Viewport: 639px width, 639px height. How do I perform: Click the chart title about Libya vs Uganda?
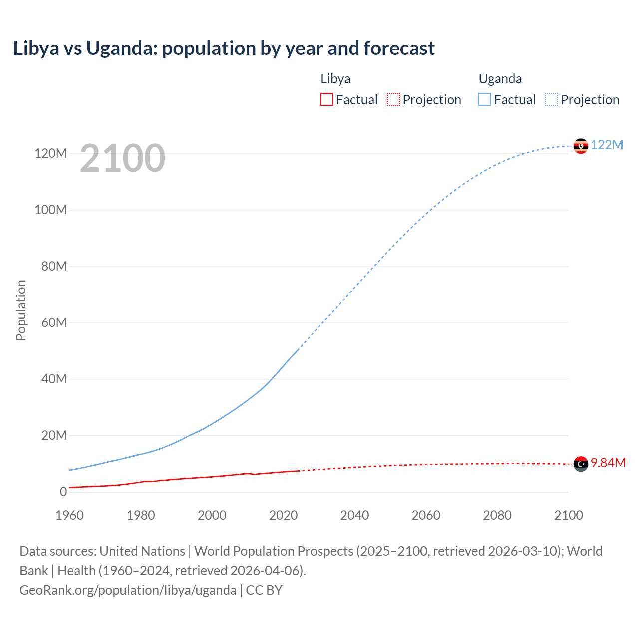tap(224, 48)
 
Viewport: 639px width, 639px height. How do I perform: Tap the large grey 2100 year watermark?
tap(122, 158)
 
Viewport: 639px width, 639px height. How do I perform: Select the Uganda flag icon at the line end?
tap(581, 146)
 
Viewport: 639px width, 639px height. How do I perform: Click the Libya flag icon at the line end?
tap(581, 464)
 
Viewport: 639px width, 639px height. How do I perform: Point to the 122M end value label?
tap(607, 145)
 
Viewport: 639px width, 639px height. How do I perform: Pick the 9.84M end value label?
tap(608, 463)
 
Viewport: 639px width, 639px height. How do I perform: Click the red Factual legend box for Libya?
tap(326, 99)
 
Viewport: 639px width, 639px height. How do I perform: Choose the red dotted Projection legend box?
tap(393, 99)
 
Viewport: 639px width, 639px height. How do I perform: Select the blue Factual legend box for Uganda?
tap(485, 99)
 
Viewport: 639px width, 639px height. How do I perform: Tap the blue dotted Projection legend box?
tap(552, 99)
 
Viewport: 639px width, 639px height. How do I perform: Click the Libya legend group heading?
tap(335, 79)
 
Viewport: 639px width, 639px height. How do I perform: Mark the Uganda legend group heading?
tap(500, 79)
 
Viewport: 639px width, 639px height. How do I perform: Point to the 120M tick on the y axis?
tap(50, 153)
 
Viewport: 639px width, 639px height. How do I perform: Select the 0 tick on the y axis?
tap(63, 492)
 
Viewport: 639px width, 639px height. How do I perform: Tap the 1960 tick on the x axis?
tap(69, 515)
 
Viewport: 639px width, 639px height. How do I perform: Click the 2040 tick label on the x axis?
tap(354, 515)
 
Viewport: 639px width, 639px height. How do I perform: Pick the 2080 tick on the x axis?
tap(497, 515)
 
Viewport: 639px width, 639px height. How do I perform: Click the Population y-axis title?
tap(21, 310)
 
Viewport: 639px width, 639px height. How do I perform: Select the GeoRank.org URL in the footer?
tap(128, 590)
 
